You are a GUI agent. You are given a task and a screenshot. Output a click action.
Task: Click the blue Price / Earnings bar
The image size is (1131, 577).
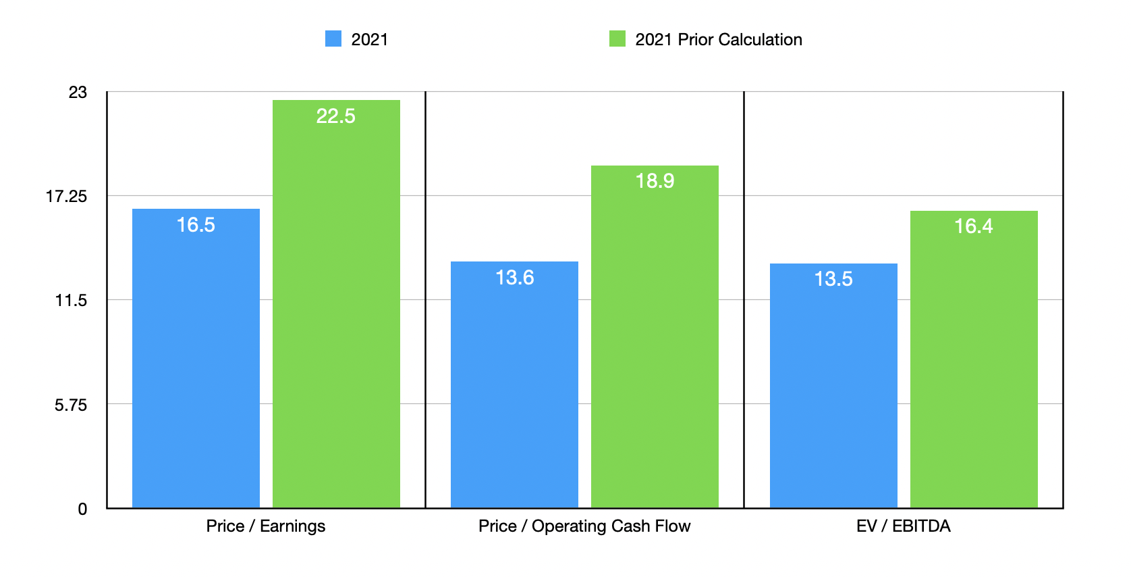(196, 358)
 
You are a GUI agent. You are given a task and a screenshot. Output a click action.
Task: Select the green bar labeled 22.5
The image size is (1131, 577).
(336, 304)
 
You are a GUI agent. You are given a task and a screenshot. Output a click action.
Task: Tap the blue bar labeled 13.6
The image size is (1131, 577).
(514, 385)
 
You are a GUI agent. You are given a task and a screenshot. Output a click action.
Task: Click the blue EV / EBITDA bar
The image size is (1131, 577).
(833, 386)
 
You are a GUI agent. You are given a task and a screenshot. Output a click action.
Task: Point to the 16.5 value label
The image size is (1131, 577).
(196, 225)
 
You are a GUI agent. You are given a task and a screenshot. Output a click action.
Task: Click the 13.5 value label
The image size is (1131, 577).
(833, 279)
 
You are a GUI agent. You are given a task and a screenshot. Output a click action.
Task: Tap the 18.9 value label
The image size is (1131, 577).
(655, 181)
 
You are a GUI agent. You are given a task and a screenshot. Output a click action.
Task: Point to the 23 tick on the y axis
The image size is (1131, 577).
(78, 92)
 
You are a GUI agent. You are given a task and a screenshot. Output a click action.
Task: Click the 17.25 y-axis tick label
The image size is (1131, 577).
(66, 197)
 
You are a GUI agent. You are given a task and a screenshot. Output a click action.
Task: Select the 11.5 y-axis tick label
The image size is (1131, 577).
(71, 301)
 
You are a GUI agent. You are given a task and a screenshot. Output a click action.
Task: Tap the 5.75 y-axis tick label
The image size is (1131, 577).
(71, 405)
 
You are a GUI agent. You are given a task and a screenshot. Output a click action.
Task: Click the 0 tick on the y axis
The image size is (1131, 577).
(82, 509)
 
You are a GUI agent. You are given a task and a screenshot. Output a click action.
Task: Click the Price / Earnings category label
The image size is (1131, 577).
(265, 526)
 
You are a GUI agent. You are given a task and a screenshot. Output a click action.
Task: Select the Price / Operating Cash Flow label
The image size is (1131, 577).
(584, 526)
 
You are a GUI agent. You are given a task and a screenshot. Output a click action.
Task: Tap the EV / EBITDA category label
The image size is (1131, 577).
(903, 526)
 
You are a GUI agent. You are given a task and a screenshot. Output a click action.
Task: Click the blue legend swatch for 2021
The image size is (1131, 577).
(333, 39)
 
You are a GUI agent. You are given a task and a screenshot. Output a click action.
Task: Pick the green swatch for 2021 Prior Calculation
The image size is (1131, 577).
(617, 39)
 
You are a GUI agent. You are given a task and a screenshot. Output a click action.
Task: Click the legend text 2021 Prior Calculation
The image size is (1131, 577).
(719, 40)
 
